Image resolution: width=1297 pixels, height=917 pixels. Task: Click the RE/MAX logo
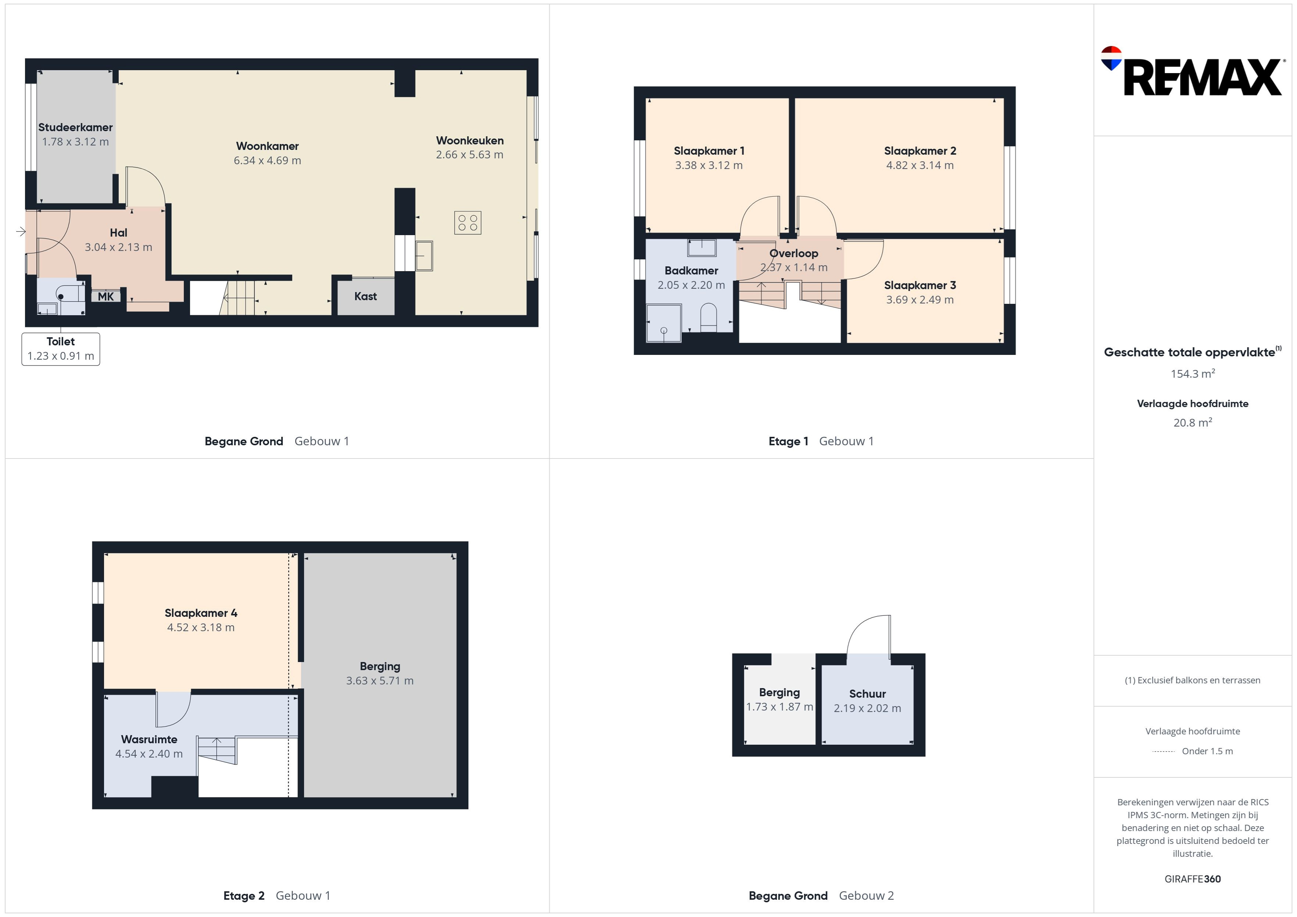point(1192,72)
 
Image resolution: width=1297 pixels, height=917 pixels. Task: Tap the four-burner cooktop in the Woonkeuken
point(468,223)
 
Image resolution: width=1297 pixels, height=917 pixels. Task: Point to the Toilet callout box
point(61,349)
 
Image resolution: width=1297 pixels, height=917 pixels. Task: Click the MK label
point(106,296)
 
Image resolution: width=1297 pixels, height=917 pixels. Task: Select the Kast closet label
point(365,296)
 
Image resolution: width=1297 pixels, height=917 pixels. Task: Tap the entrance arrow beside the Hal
point(21,231)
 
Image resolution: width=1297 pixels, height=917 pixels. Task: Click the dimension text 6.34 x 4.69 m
point(267,160)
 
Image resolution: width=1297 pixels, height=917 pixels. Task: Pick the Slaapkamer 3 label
point(920,285)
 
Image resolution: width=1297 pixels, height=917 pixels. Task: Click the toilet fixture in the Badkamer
point(708,317)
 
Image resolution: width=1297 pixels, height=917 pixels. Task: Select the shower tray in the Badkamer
point(664,323)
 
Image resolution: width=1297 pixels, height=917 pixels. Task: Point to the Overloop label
point(794,253)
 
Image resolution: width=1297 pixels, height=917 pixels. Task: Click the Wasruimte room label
point(149,739)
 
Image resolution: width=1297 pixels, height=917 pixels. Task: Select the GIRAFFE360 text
point(1193,878)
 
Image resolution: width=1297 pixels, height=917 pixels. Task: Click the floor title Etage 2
point(244,896)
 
